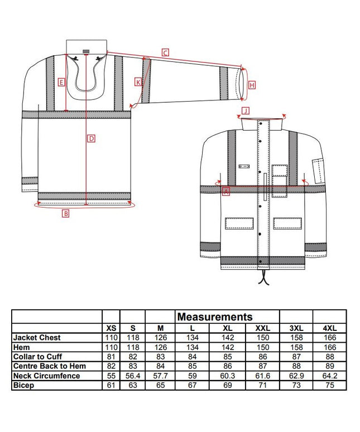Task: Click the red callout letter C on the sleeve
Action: pyautogui.click(x=165, y=52)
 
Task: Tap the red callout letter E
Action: pyautogui.click(x=61, y=82)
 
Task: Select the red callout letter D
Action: pyautogui.click(x=92, y=138)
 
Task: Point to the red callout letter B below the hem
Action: pyautogui.click(x=65, y=213)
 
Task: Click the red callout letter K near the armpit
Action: pyautogui.click(x=138, y=82)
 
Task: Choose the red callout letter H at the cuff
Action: pyautogui.click(x=252, y=85)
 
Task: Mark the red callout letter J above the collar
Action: pyautogui.click(x=246, y=111)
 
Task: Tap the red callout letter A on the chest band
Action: pyautogui.click(x=226, y=191)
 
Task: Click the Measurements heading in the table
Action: pyautogui.click(x=215, y=317)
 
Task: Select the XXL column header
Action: pyautogui.click(x=263, y=328)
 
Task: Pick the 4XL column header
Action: pyautogui.click(x=330, y=328)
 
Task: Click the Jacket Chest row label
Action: pyautogui.click(x=37, y=338)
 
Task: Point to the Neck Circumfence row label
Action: pyautogui.click(x=46, y=376)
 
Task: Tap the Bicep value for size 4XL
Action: pyautogui.click(x=330, y=385)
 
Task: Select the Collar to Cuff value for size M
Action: pyautogui.click(x=161, y=357)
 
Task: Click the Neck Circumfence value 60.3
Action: pyautogui.click(x=228, y=376)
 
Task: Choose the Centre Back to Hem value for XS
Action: pyautogui.click(x=111, y=366)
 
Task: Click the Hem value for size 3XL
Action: pyautogui.click(x=296, y=347)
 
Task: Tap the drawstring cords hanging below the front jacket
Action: pyautogui.click(x=264, y=277)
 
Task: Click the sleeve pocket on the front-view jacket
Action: pyautogui.click(x=318, y=171)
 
